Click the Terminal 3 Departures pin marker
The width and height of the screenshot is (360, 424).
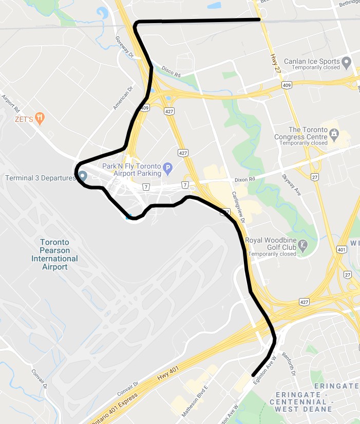[x=82, y=176]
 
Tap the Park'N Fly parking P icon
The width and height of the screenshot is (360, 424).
[x=167, y=168]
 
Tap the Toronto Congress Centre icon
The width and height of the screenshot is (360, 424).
[x=334, y=135]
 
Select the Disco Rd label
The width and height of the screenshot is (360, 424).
[x=171, y=71]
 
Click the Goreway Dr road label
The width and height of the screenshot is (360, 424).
[x=125, y=47]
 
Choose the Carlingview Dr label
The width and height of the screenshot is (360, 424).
[x=239, y=206]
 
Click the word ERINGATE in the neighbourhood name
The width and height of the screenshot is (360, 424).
[x=336, y=386]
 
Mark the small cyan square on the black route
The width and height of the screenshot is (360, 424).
[x=128, y=217]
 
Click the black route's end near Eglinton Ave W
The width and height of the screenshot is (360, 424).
[x=253, y=375]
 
